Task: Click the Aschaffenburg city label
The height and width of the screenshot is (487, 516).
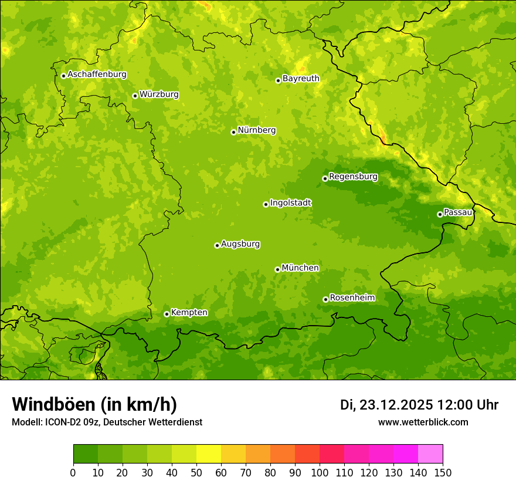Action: pyautogui.click(x=97, y=75)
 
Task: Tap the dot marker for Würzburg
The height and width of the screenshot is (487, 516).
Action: pyautogui.click(x=135, y=96)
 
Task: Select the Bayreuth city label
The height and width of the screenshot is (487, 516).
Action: pyautogui.click(x=301, y=78)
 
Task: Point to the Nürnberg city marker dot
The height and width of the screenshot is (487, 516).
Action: pyautogui.click(x=233, y=132)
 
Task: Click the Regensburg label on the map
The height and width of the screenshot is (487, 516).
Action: pyautogui.click(x=353, y=176)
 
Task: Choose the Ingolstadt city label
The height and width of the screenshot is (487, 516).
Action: pyautogui.click(x=290, y=202)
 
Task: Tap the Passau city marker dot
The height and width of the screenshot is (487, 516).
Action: pyautogui.click(x=440, y=214)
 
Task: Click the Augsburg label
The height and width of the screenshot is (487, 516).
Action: pyautogui.click(x=240, y=243)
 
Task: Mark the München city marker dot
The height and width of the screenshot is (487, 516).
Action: pyautogui.click(x=277, y=269)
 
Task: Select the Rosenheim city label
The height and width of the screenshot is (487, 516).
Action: pyautogui.click(x=352, y=297)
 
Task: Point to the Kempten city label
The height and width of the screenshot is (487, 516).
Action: pyautogui.click(x=189, y=312)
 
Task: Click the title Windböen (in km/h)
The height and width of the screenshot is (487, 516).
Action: pyautogui.click(x=94, y=404)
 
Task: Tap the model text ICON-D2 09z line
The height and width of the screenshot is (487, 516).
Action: pyautogui.click(x=107, y=422)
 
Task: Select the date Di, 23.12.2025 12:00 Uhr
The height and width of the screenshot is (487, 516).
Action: pyautogui.click(x=419, y=405)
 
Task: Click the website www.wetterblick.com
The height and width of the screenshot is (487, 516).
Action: pyautogui.click(x=423, y=422)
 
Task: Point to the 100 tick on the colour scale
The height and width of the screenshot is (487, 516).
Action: pyautogui.click(x=320, y=472)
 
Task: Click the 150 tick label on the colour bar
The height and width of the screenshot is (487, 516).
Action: pyautogui.click(x=443, y=472)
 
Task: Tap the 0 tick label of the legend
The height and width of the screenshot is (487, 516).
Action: pyautogui.click(x=73, y=472)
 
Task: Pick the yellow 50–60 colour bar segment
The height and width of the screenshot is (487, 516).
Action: pyautogui.click(x=209, y=454)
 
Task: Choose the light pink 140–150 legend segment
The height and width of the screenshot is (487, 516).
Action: pyautogui.click(x=430, y=454)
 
